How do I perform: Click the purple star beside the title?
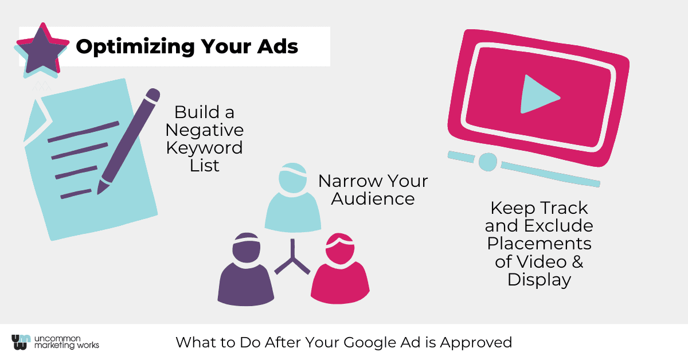tap(42, 49)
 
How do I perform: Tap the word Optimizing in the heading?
tap(135, 46)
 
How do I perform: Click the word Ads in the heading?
tap(277, 46)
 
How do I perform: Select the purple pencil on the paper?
tap(128, 141)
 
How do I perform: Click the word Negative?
tap(205, 131)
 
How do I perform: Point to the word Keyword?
tap(205, 148)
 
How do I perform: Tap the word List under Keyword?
tap(205, 166)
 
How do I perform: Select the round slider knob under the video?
tap(488, 162)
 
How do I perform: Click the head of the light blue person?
tap(293, 178)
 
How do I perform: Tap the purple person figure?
tap(246, 269)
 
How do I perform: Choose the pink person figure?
tap(340, 268)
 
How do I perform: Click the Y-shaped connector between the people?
tap(292, 258)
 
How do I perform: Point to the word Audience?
tap(373, 199)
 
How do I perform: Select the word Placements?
tap(539, 244)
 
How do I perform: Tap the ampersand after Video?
tap(577, 262)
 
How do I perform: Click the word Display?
tap(539, 280)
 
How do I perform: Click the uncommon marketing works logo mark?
tap(21, 342)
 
